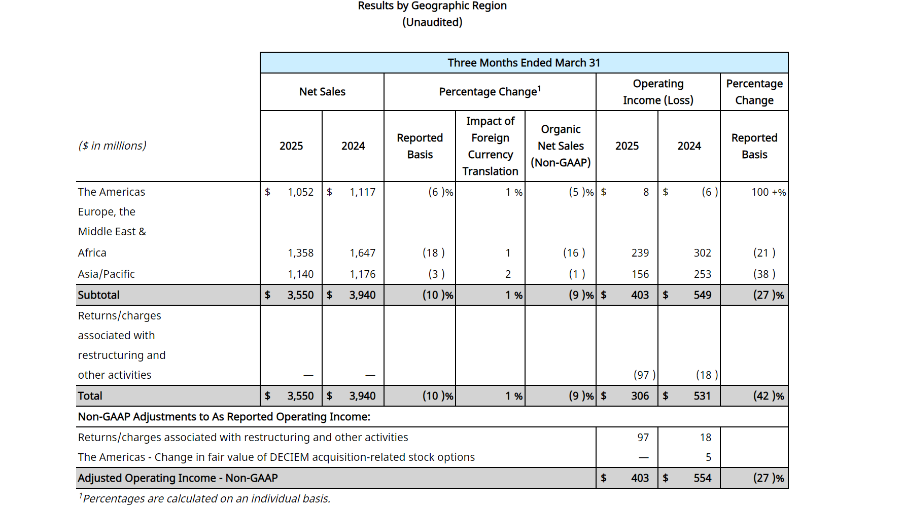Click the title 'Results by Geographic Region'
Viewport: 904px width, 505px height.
432,6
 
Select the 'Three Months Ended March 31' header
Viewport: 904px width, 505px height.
524,63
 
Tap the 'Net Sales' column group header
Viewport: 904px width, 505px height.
322,92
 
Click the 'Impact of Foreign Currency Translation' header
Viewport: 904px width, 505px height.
490,146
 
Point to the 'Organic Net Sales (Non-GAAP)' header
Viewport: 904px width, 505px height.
561,146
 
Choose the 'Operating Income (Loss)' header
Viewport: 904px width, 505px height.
658,92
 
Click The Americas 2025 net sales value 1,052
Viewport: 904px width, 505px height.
301,192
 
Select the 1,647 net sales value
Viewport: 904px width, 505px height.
363,253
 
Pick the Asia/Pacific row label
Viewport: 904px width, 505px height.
107,274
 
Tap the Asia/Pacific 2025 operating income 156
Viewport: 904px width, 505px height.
640,274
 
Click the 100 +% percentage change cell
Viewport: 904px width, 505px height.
769,192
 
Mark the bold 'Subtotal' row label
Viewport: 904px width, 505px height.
98,295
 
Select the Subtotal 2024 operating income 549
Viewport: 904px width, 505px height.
703,295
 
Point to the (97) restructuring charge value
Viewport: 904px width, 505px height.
644,375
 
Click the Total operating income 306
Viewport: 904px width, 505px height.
640,396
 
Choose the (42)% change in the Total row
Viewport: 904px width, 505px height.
769,396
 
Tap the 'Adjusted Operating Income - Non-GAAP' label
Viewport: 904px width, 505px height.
178,478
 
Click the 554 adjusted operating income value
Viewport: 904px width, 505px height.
703,478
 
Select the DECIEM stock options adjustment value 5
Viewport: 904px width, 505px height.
708,457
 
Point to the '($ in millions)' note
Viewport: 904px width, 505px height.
112,146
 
